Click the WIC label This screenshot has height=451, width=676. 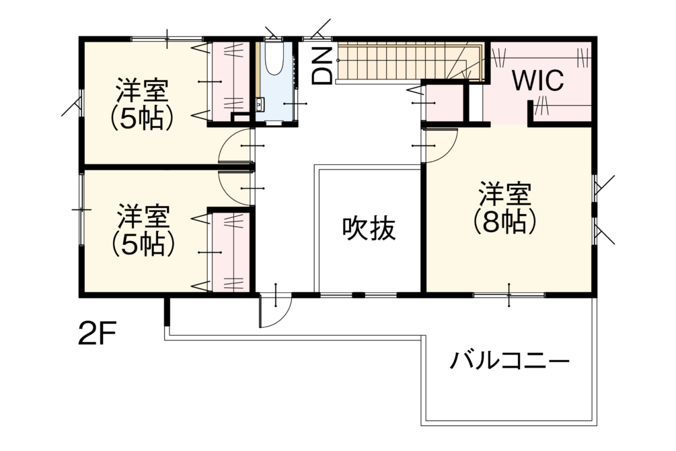pyautogui.click(x=537, y=81)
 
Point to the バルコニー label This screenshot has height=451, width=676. pyautogui.click(x=510, y=361)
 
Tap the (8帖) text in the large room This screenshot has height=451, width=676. pyautogui.click(x=504, y=222)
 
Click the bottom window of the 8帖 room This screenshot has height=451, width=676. pyautogui.click(x=509, y=295)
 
